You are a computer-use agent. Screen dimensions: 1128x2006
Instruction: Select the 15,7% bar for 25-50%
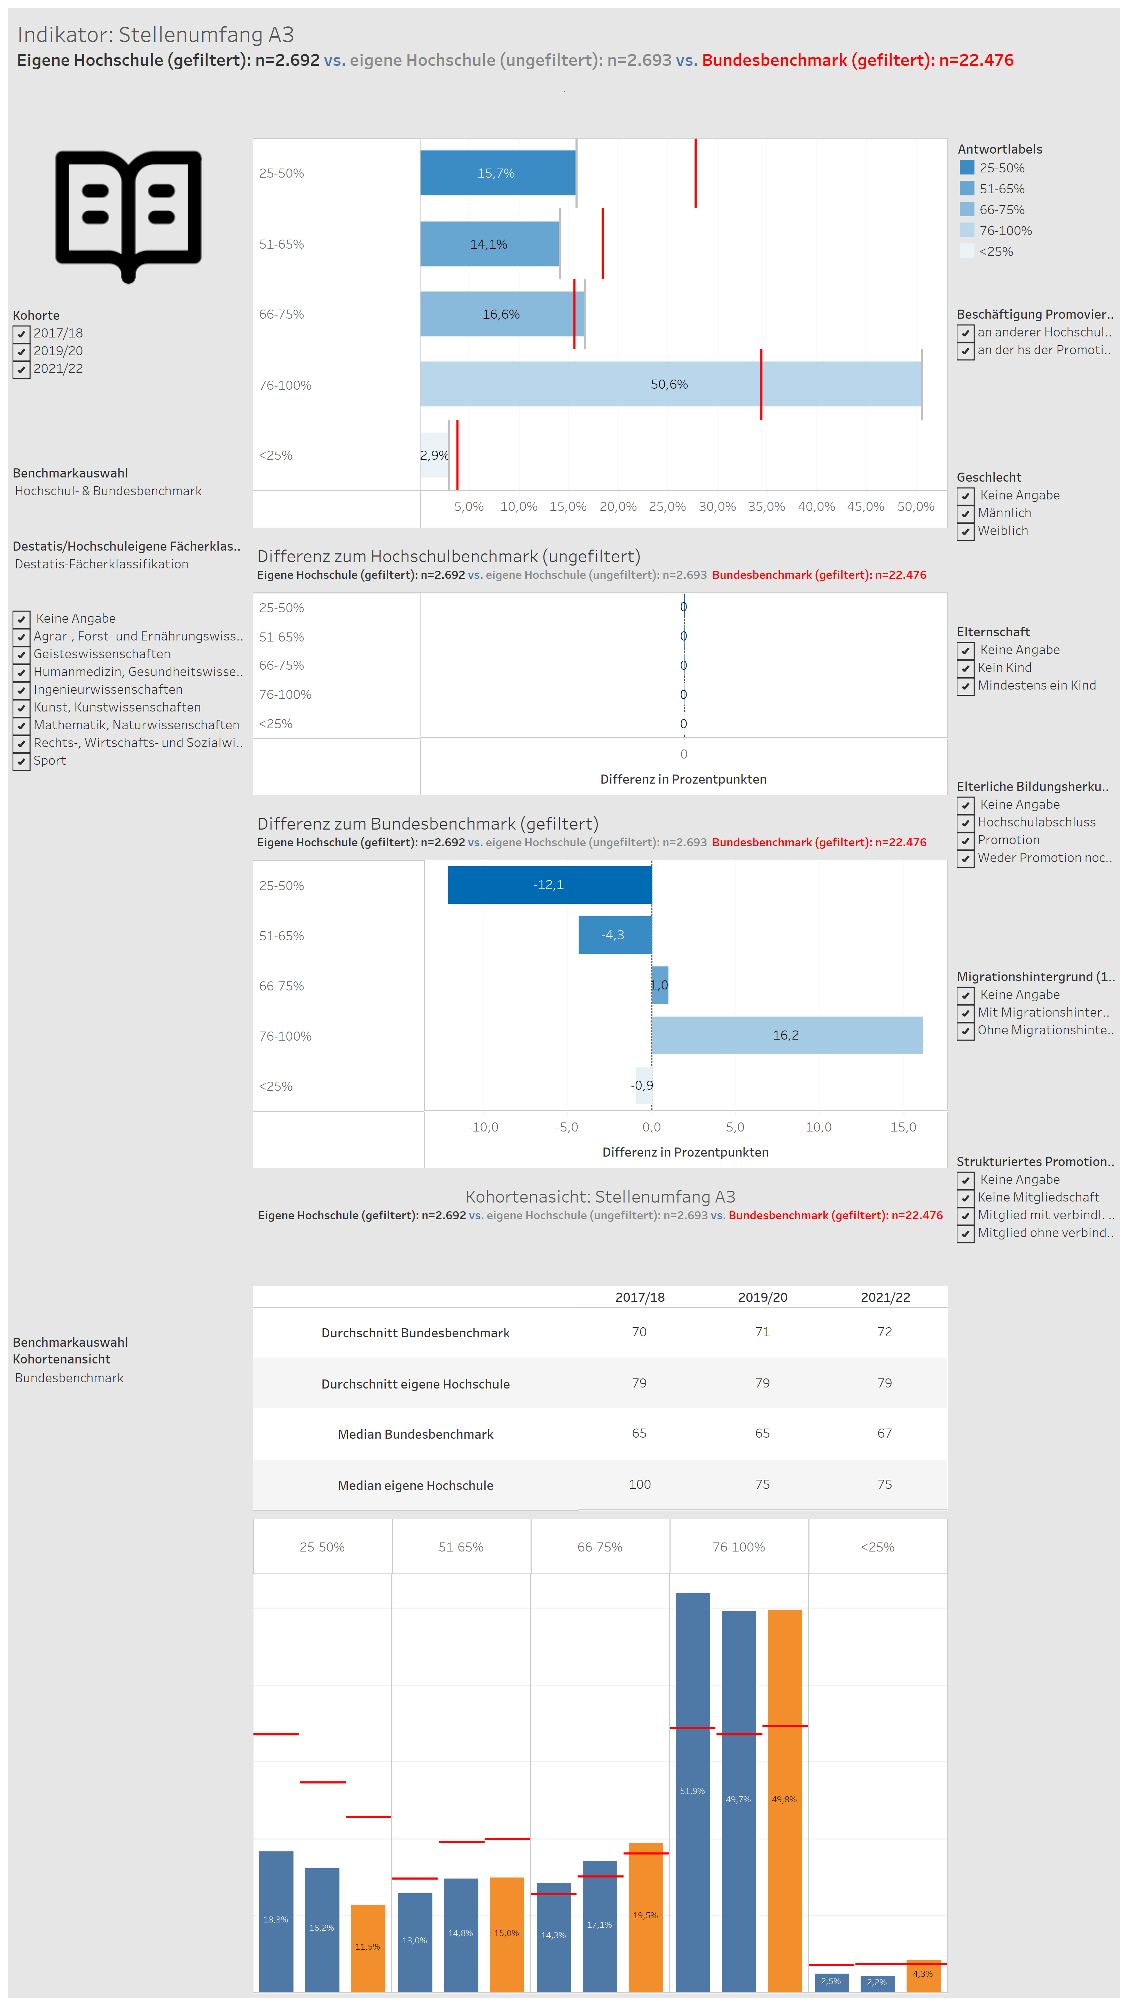tap(498, 173)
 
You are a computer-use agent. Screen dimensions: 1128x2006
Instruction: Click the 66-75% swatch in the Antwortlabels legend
tap(967, 209)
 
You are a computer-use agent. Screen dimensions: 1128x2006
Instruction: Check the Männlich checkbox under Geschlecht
tap(965, 513)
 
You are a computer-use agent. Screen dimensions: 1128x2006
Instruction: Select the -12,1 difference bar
tap(550, 885)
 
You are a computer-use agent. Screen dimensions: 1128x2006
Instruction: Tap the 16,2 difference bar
tap(787, 1035)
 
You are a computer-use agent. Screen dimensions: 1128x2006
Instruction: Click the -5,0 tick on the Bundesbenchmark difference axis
tap(567, 1127)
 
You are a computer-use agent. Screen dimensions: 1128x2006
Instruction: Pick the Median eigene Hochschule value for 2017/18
tap(639, 1484)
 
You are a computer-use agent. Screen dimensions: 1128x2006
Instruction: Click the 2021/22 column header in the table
tap(885, 1297)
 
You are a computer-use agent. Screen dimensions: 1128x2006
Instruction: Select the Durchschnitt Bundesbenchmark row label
tap(416, 1332)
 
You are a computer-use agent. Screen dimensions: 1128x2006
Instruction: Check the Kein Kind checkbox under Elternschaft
tap(965, 668)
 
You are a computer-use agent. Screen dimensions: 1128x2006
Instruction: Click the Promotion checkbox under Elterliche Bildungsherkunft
tap(965, 840)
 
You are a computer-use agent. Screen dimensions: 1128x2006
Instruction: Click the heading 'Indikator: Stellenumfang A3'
tap(156, 34)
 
